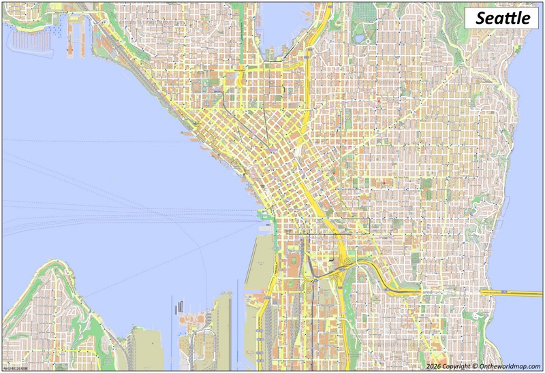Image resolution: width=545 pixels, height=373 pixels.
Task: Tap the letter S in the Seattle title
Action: tap(480, 18)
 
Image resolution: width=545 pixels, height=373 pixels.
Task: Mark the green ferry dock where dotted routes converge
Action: tap(262, 216)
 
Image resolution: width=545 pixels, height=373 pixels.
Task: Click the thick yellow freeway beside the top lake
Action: tap(314, 41)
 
